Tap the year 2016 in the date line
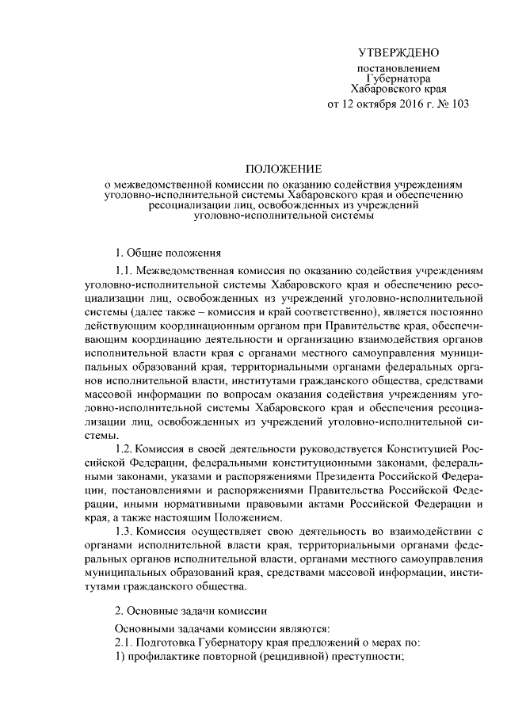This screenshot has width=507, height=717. click(412, 104)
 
